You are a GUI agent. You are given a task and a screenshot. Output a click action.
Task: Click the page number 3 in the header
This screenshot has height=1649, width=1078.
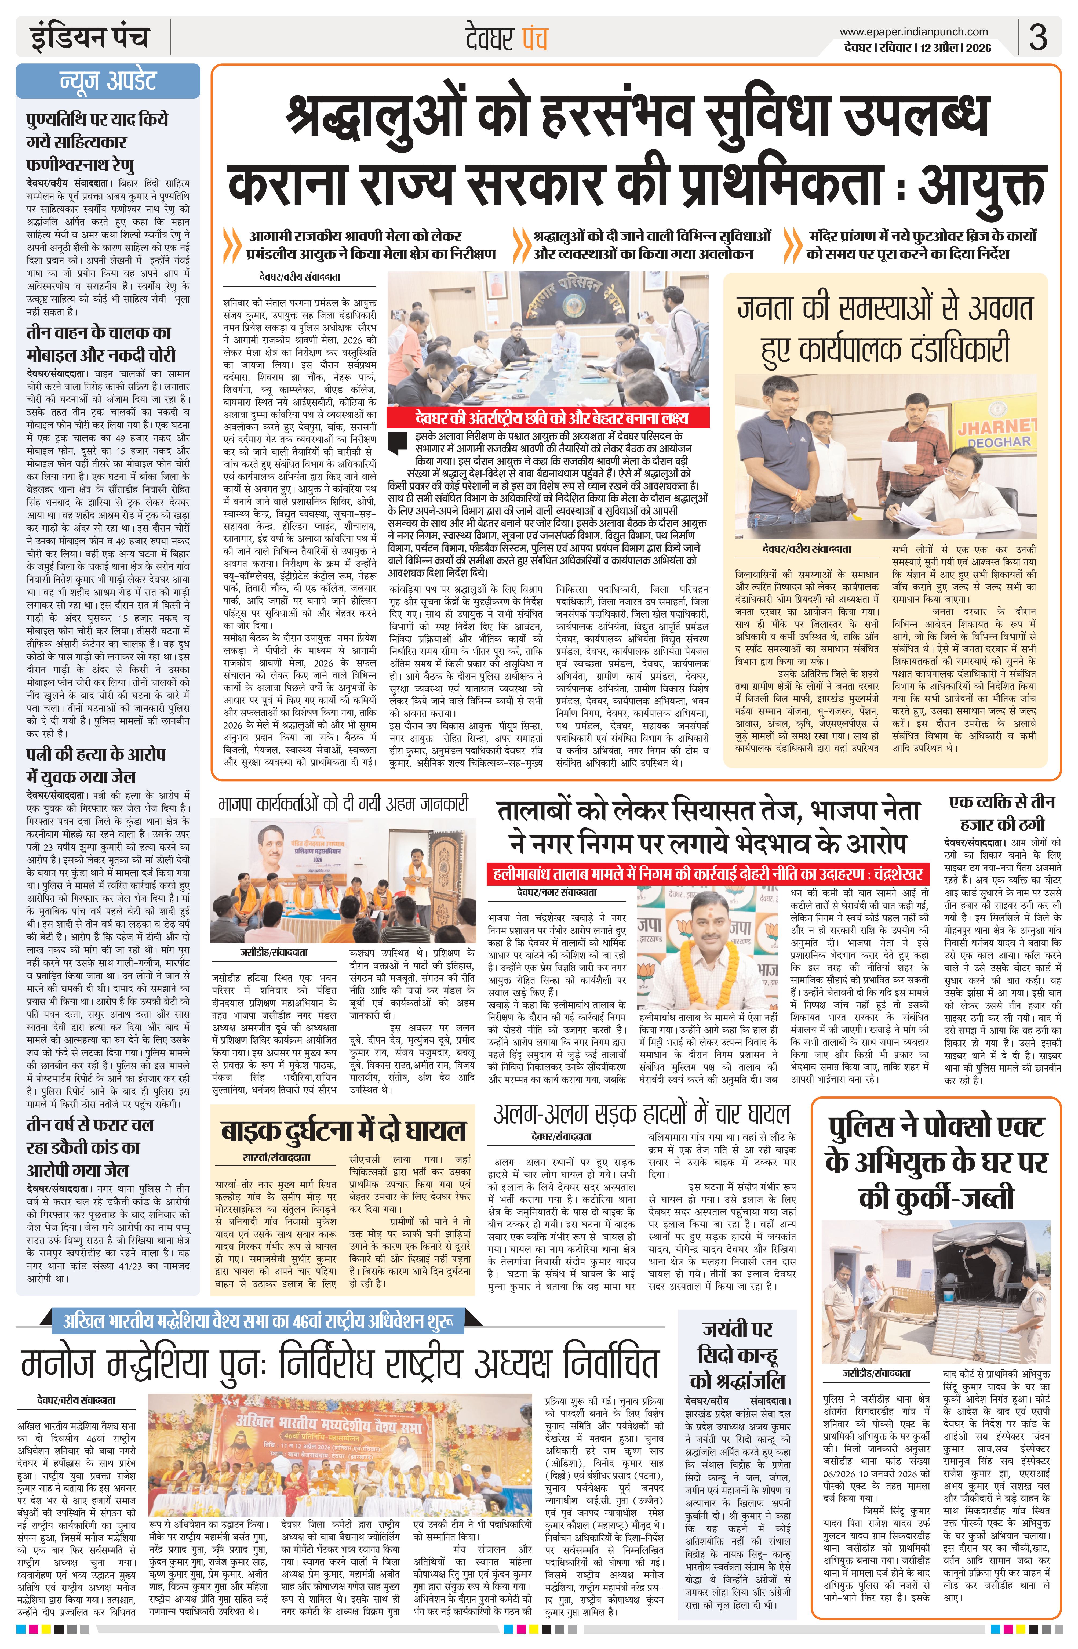point(1037,37)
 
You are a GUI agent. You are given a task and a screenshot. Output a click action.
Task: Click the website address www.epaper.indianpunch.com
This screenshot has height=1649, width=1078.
point(914,31)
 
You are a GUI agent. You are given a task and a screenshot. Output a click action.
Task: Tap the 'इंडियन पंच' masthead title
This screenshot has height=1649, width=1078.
point(90,37)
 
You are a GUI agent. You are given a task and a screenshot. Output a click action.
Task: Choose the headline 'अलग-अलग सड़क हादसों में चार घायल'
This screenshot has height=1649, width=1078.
point(641,1114)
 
